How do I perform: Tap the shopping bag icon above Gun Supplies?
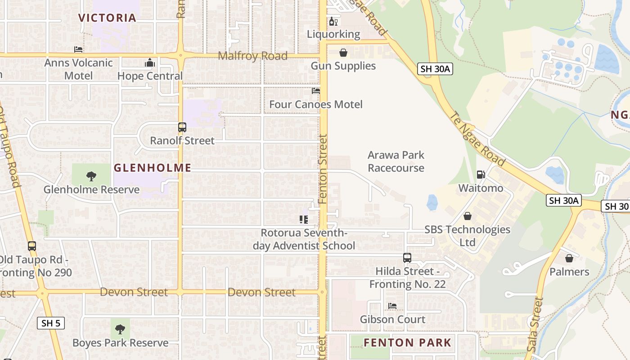point(343,53)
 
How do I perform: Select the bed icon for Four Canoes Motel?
point(316,91)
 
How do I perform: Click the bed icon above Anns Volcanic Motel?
point(78,49)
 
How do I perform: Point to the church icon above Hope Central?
point(150,63)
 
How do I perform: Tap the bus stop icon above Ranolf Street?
point(182,127)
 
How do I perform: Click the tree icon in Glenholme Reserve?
point(91,176)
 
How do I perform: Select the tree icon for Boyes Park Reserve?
point(120,329)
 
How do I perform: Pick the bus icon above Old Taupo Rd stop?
point(31,246)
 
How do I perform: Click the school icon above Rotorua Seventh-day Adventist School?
point(304,220)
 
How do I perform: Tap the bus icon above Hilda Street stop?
point(407,258)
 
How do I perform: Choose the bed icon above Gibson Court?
point(392,306)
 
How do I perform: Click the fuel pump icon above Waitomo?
point(481,175)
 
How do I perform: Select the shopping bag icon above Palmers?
point(569,258)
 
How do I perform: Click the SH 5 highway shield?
point(51,323)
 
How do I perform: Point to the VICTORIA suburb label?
point(107,18)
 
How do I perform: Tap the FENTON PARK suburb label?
point(407,343)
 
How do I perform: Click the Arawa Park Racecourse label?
point(396,162)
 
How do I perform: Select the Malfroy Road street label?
point(252,56)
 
